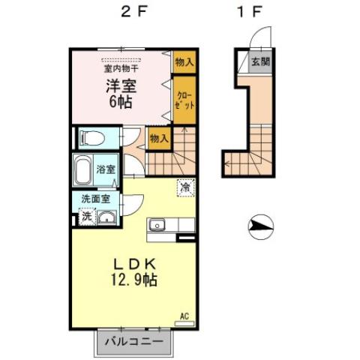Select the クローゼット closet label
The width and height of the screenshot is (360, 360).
[x=185, y=101]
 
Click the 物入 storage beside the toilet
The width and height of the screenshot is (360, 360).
[x=158, y=138]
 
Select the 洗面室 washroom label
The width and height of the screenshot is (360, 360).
[x=96, y=199]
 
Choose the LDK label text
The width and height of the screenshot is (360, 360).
[x=134, y=265]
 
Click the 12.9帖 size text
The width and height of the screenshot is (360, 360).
[x=134, y=280]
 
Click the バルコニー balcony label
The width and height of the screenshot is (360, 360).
[x=133, y=342]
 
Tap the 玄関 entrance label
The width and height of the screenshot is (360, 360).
[x=259, y=62]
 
